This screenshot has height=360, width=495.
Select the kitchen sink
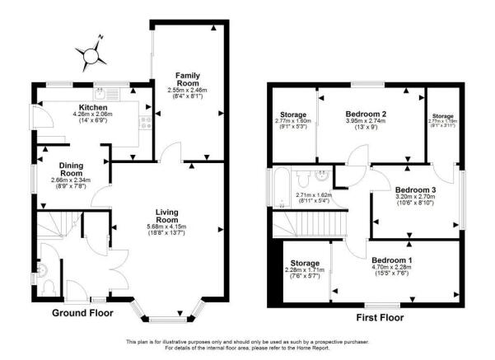tap(100, 94)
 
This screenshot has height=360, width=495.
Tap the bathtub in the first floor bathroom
tap(281, 179)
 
